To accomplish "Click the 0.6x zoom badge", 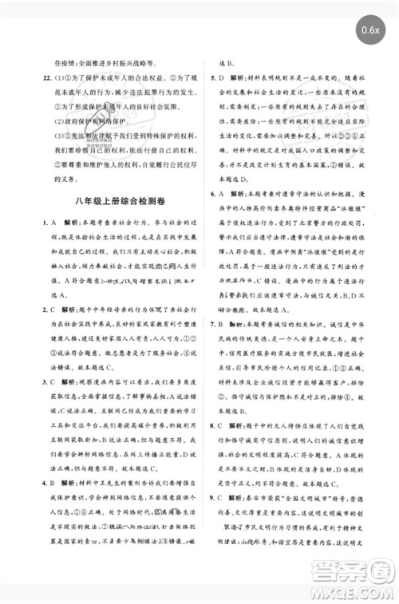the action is tap(369, 31).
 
